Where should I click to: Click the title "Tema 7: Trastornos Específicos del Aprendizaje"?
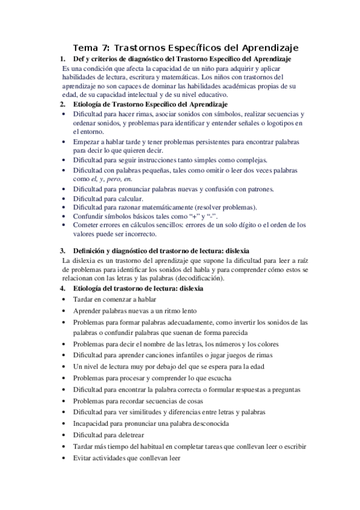tap(186, 47)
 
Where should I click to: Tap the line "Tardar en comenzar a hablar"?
tap(115, 299)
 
